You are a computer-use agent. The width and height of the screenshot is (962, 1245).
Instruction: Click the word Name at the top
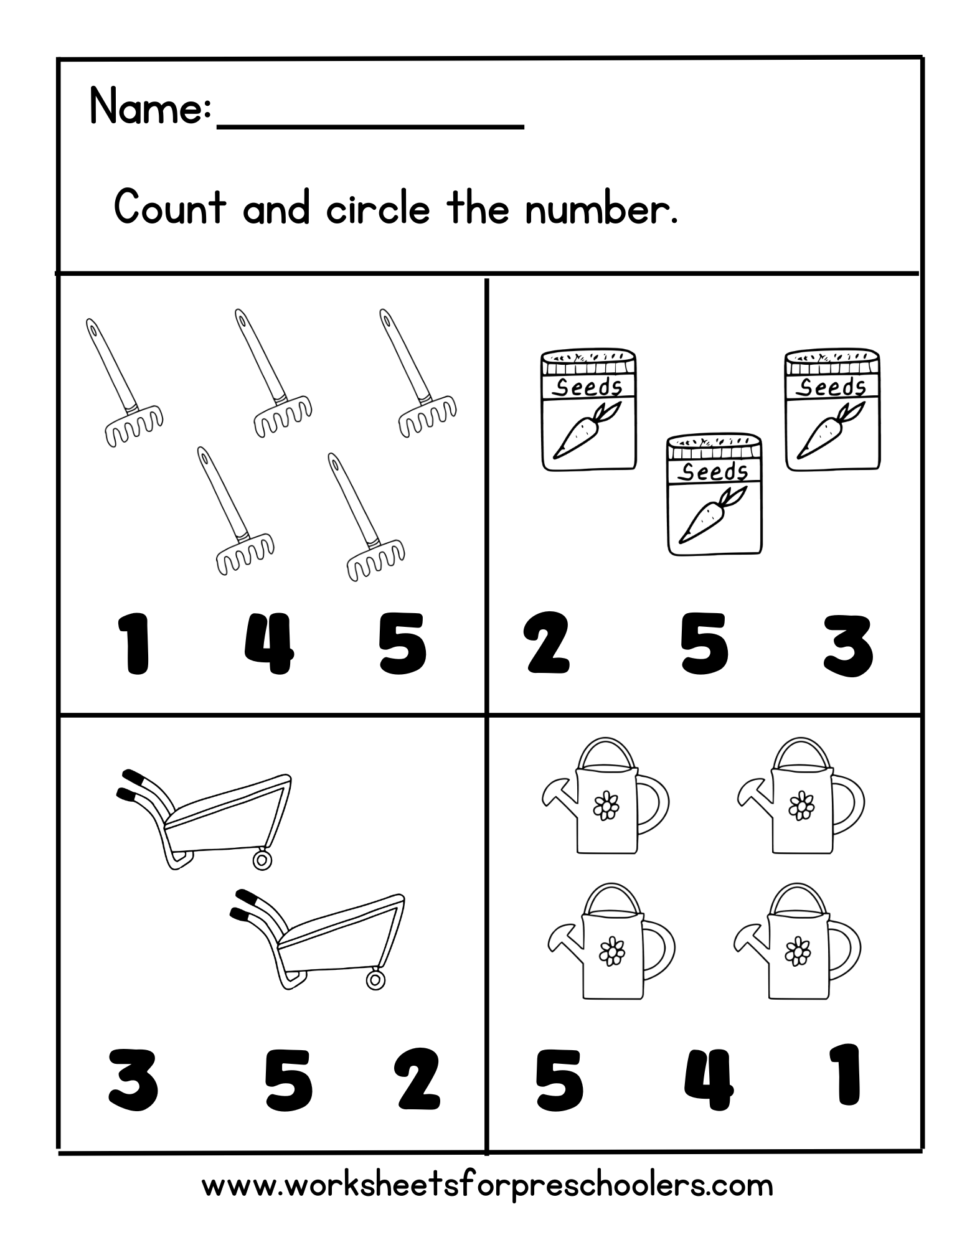146,107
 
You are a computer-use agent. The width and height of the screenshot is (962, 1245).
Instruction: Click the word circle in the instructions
377,209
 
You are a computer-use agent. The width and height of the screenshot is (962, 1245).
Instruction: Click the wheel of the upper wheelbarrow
262,860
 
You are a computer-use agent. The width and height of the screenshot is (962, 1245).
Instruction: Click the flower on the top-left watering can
606,806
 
